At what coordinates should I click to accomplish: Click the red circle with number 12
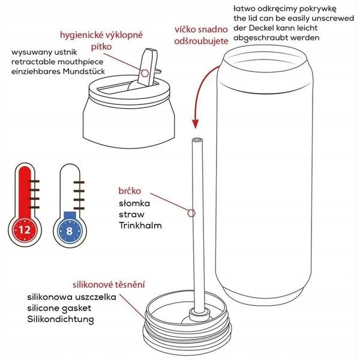click(25, 230)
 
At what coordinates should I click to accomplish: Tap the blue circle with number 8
click(71, 230)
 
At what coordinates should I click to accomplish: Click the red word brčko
click(130, 191)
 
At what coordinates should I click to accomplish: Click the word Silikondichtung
click(61, 319)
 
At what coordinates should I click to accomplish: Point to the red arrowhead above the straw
click(194, 123)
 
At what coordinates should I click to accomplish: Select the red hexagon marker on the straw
click(191, 212)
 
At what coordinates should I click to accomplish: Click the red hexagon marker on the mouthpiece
click(145, 72)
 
